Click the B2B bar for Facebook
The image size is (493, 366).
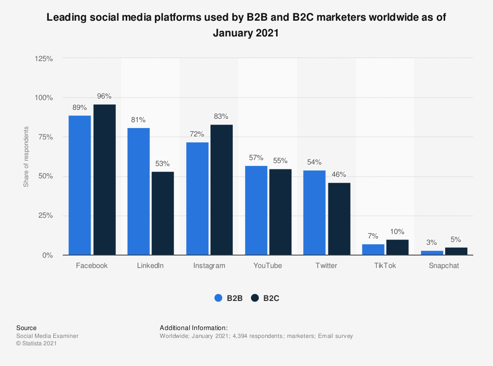[x=79, y=185]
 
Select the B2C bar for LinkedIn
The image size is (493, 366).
[x=163, y=213]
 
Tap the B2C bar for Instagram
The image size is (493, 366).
[x=221, y=190]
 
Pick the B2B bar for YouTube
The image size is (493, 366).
[x=256, y=210]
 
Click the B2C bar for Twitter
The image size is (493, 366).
[x=339, y=219]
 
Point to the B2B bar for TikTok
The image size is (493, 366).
[x=373, y=249]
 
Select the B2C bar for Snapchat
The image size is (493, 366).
[x=456, y=251]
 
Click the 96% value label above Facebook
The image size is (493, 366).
[x=104, y=96]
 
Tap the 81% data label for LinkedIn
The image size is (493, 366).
[x=139, y=120]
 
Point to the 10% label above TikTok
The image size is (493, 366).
[x=397, y=232]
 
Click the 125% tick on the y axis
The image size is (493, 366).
[x=44, y=58]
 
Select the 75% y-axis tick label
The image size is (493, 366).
[x=46, y=137]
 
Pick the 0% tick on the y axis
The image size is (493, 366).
[x=48, y=255]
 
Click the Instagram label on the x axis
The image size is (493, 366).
[x=210, y=266]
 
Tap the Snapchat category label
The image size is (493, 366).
[x=444, y=266]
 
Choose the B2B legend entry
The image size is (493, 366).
[x=228, y=298]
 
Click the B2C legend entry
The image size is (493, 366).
[x=265, y=298]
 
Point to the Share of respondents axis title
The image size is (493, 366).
[x=26, y=157]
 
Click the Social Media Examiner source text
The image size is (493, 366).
[x=47, y=336]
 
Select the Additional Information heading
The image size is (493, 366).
[x=193, y=328]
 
